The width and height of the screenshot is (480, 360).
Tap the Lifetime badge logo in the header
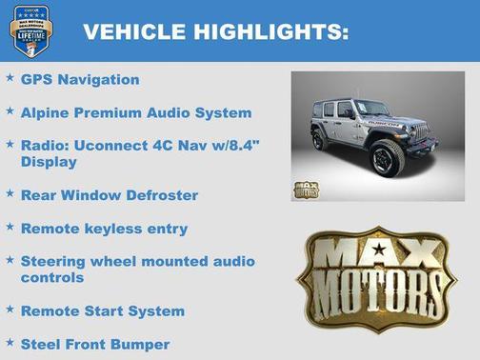click(x=30, y=31)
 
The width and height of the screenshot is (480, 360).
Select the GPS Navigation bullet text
click(x=80, y=80)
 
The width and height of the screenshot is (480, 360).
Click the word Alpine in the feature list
click(x=46, y=113)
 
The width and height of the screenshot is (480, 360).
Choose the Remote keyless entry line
click(x=104, y=229)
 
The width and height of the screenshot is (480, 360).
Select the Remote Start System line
click(x=103, y=311)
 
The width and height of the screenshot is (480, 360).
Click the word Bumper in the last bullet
click(x=143, y=344)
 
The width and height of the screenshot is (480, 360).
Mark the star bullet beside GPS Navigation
click(x=10, y=78)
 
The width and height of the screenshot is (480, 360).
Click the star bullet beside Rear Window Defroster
click(x=10, y=193)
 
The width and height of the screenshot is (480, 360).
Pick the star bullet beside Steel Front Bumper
click(x=10, y=342)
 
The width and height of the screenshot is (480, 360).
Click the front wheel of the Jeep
click(x=389, y=156)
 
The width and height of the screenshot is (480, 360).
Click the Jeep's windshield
click(x=374, y=108)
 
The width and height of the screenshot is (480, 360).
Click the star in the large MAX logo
click(x=380, y=252)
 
